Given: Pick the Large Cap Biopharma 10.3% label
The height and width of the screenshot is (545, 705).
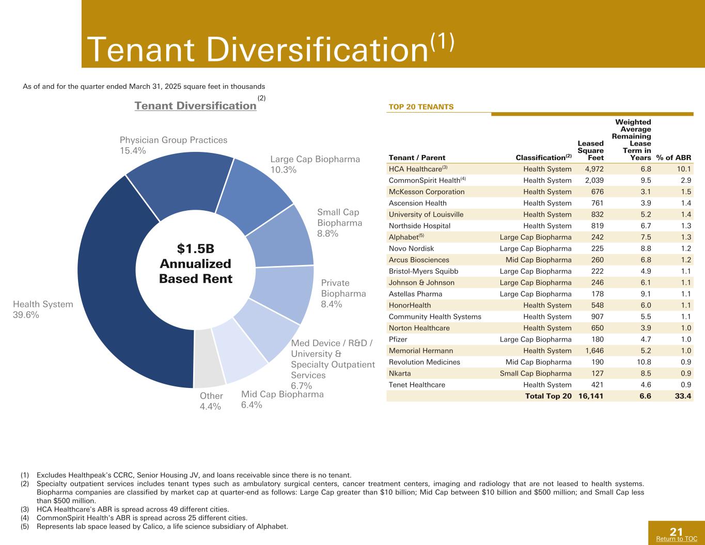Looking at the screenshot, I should (315, 164).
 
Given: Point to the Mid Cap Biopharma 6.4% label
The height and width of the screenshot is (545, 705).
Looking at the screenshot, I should (282, 399).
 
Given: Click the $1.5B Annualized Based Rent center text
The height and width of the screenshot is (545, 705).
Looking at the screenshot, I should (196, 263).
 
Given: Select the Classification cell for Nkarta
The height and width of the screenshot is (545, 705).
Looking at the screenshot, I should (536, 373).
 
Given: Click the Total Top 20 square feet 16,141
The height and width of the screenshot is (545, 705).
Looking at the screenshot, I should (591, 396).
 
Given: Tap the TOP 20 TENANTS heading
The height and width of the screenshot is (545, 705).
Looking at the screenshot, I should (420, 107).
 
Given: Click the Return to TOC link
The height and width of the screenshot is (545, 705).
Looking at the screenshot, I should (676, 539).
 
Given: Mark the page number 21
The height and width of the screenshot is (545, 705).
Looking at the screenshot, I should (676, 532).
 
